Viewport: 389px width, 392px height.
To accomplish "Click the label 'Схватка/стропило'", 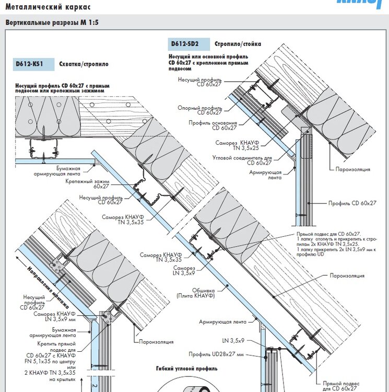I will pos(84,65).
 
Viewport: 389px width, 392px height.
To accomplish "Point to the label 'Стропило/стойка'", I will pos(238,44).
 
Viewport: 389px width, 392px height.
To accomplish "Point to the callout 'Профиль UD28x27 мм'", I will pos(225,354).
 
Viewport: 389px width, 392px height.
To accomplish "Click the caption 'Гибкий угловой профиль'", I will pos(186,368).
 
